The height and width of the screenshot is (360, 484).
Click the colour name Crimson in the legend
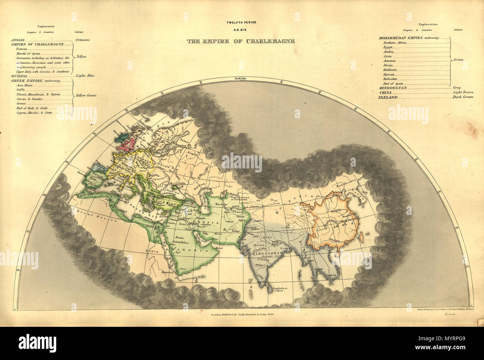82,39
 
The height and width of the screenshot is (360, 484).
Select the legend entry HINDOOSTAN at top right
392,88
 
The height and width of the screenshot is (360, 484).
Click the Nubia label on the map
155,252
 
